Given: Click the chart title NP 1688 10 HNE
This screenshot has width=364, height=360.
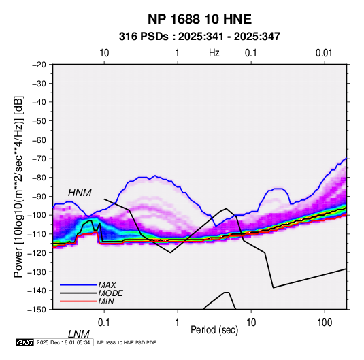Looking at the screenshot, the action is click(199, 19).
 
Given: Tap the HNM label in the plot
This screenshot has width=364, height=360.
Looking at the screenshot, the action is click(80, 193).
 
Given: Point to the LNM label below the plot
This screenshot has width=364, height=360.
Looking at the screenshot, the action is click(78, 334).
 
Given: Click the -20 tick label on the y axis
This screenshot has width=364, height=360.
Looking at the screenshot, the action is click(39, 65).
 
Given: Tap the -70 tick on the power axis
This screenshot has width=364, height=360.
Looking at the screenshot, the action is click(39, 159).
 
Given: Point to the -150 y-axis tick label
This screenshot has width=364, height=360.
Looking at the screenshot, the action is click(37, 310).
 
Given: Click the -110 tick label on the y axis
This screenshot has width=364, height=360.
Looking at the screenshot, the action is click(37, 234).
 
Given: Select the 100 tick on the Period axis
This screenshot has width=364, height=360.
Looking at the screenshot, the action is click(325, 322).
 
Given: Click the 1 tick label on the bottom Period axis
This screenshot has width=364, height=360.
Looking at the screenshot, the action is click(178, 322).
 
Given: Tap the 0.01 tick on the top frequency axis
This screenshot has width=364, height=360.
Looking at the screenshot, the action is click(324, 53).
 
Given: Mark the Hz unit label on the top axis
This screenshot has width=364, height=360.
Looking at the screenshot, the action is click(214, 53).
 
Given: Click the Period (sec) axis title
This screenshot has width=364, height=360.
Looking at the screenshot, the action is click(214, 330).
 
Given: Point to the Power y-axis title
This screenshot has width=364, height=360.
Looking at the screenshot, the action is click(18, 186).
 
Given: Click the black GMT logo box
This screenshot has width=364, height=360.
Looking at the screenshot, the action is click(24, 342).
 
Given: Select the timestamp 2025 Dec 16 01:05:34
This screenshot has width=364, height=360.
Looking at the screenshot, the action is click(63, 342).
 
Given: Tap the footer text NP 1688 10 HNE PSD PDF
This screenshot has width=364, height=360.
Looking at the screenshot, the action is click(127, 342).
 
